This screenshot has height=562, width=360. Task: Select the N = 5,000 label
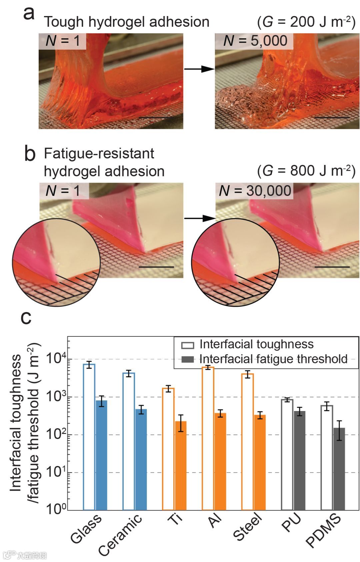click(255, 41)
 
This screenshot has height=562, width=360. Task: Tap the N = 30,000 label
click(255, 191)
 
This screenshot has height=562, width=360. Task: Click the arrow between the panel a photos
click(199, 69)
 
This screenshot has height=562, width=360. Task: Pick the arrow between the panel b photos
click(199, 218)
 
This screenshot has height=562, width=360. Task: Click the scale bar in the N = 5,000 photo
click(332, 118)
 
